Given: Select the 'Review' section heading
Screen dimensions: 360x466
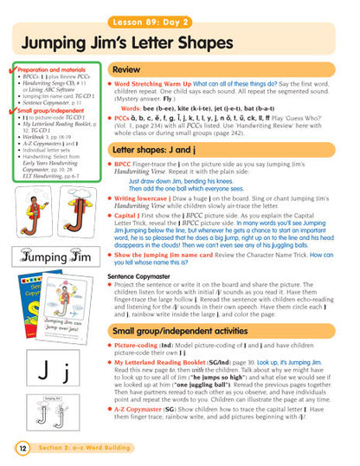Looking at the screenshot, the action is click(127, 68).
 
